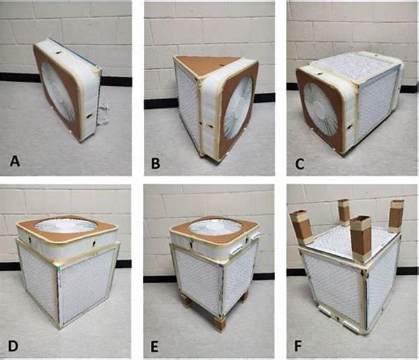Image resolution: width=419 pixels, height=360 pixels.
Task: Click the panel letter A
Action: [x=15, y=162]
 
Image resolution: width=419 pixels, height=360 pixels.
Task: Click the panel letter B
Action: [x=156, y=163]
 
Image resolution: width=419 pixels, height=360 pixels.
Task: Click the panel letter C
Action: [x=300, y=163]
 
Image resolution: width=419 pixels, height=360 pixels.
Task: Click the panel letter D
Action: [x=13, y=346]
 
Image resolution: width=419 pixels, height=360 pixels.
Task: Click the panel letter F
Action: [x=298, y=346]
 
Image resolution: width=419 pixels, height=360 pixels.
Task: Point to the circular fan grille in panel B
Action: [x=238, y=107]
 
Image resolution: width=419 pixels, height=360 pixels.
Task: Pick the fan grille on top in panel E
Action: [x=215, y=227]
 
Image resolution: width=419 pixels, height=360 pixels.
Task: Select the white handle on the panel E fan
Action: [x=236, y=250]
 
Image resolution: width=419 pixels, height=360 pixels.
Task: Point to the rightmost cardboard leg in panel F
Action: [x=396, y=216]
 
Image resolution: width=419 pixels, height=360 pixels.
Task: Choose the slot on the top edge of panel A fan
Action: [x=58, y=53]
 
